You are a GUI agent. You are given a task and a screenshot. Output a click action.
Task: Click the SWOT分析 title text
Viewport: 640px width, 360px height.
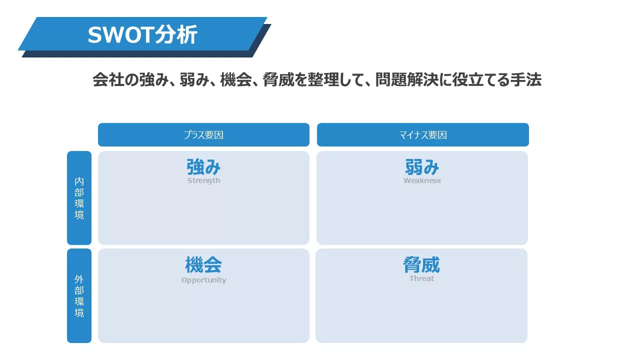click(142, 34)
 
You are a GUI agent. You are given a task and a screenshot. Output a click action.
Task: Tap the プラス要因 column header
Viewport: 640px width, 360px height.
click(203, 135)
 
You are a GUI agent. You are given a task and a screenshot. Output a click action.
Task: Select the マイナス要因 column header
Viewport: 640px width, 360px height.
click(423, 135)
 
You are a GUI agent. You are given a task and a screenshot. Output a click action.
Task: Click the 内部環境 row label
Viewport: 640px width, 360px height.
click(79, 198)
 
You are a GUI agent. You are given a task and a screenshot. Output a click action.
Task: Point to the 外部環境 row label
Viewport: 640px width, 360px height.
click(79, 295)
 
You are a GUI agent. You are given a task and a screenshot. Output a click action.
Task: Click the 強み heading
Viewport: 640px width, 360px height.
click(203, 167)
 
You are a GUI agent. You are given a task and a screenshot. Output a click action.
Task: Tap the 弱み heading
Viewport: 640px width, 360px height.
click(422, 167)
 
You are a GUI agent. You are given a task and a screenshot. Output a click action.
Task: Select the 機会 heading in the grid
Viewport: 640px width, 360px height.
click(203, 264)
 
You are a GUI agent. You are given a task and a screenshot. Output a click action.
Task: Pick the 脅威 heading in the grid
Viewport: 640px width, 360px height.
click(421, 264)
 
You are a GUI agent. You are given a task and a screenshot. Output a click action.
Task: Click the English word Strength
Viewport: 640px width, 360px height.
click(203, 181)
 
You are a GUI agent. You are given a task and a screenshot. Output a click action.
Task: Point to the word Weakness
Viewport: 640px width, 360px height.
click(422, 180)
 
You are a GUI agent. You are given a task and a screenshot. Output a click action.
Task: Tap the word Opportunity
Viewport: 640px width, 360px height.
click(203, 280)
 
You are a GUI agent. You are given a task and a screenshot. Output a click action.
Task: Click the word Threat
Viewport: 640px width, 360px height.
click(421, 278)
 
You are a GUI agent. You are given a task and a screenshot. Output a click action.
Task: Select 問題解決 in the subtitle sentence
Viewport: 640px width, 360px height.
click(407, 79)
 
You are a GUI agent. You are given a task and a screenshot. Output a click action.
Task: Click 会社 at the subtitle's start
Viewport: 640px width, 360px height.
click(108, 79)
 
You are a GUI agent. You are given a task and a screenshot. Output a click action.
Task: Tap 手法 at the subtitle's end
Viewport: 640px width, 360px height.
click(525, 79)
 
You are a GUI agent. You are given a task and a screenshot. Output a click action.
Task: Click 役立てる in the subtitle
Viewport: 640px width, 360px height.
click(480, 79)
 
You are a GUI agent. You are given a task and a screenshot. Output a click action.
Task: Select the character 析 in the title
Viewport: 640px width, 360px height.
click(187, 34)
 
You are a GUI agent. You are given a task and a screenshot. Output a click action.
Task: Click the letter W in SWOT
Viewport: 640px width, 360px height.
click(116, 35)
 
